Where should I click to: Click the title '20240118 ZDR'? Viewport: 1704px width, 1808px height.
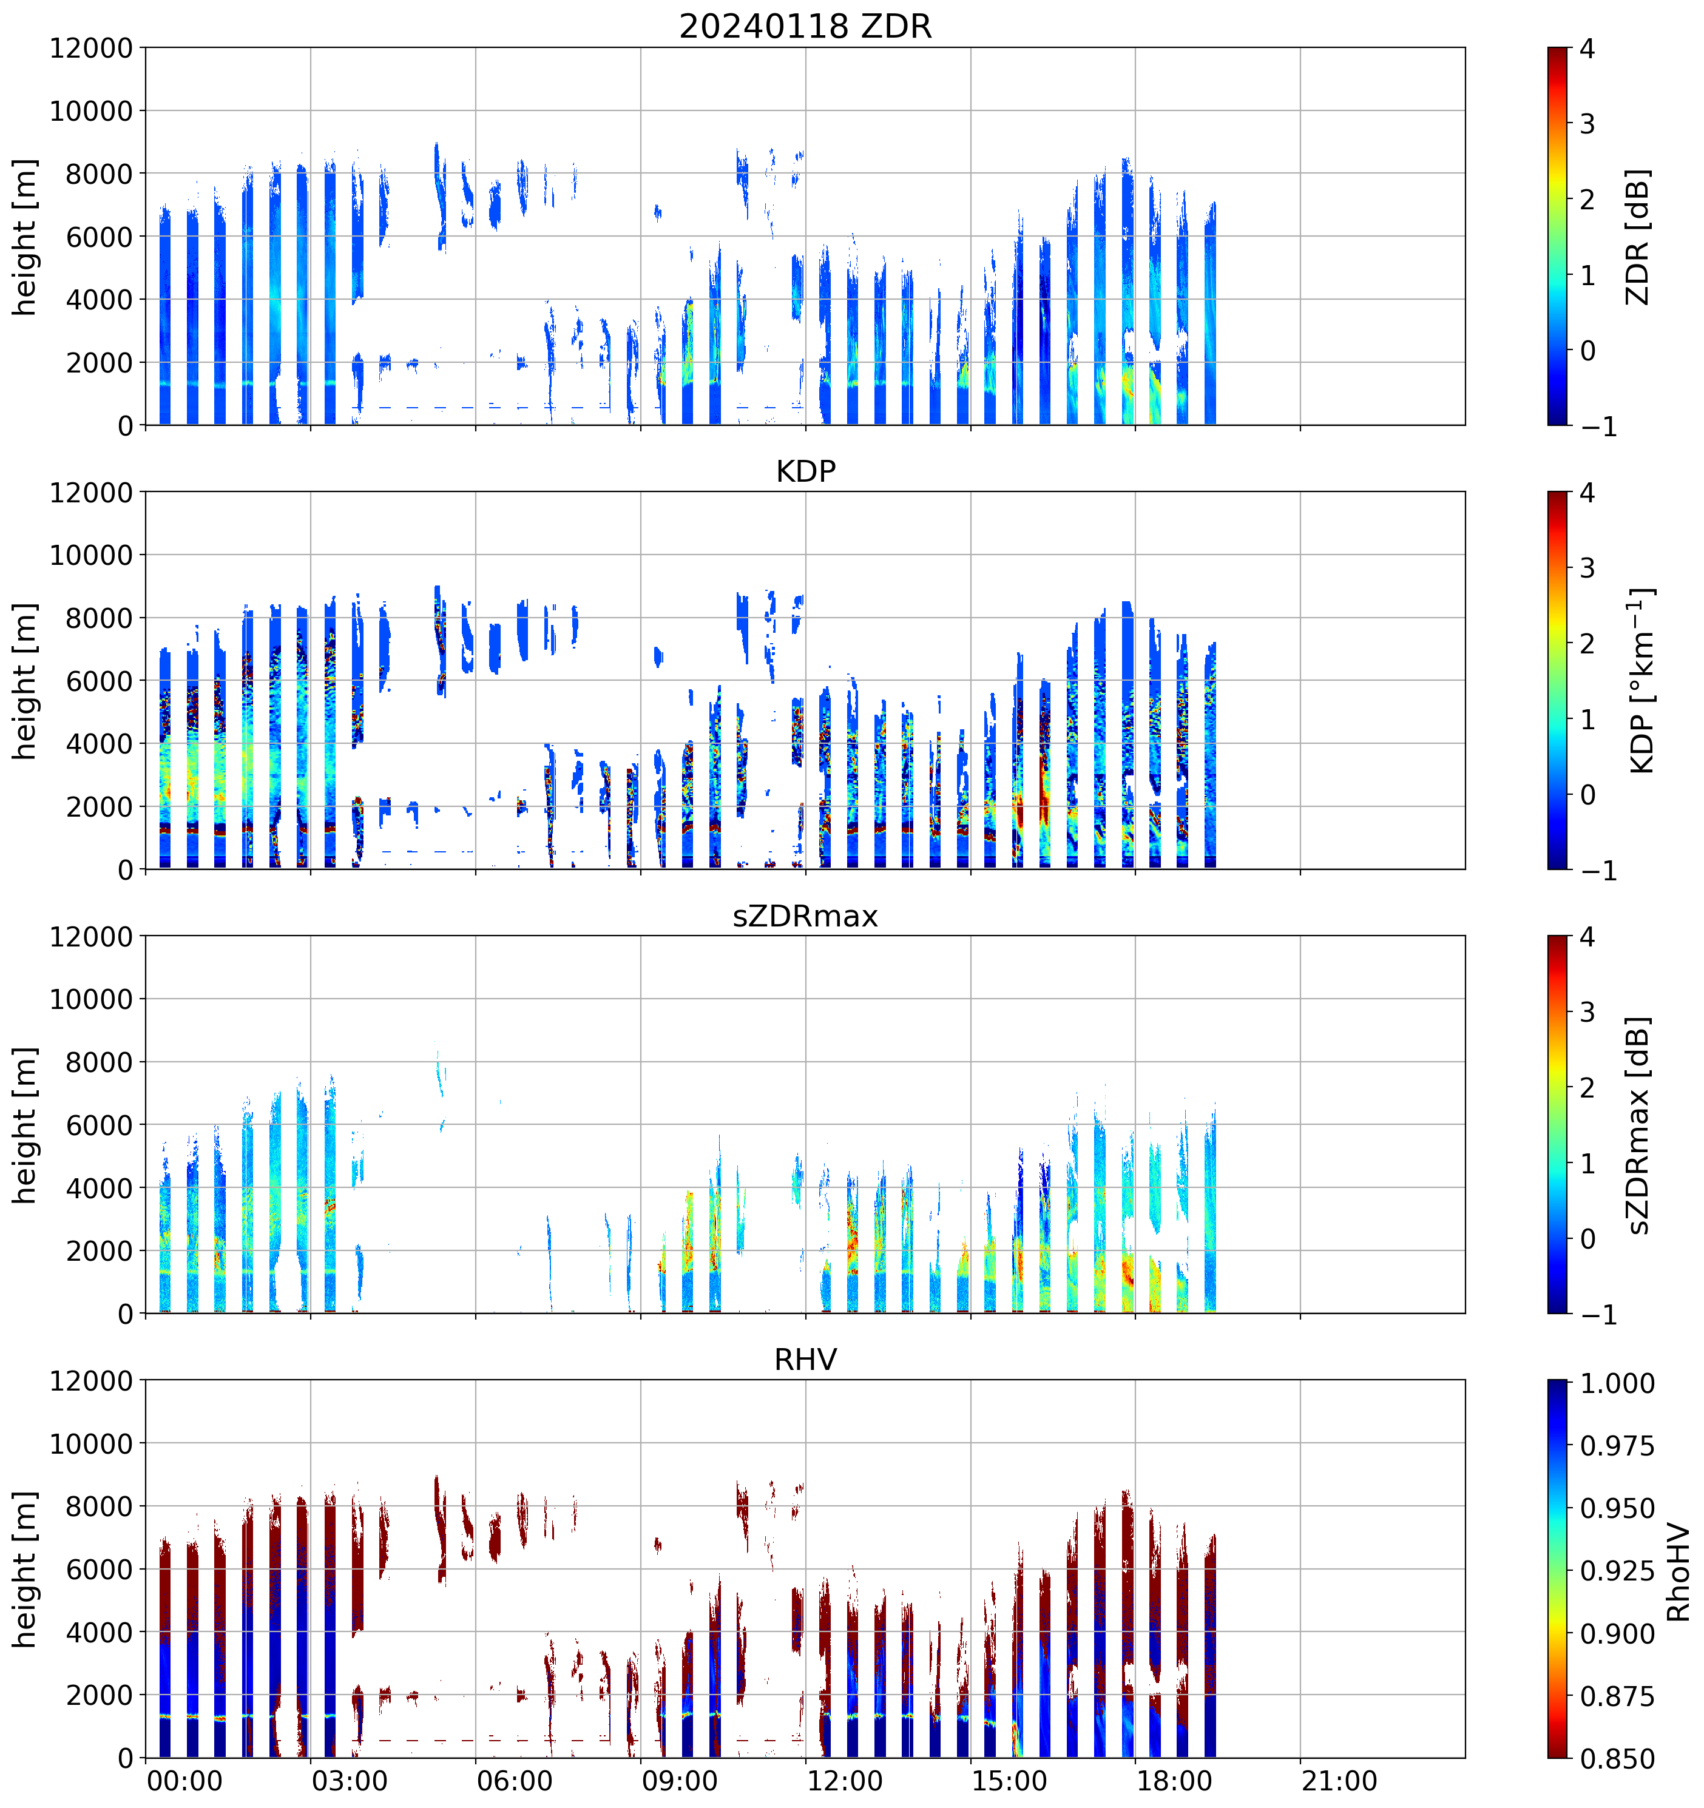pos(805,26)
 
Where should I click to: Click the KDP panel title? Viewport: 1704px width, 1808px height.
pos(805,471)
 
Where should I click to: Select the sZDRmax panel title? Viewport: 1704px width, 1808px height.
pos(805,915)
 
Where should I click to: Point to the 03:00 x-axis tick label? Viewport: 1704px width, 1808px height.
pos(350,1781)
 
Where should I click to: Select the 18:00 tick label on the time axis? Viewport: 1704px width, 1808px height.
pos(1174,1781)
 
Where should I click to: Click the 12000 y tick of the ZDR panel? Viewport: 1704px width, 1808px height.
pos(91,48)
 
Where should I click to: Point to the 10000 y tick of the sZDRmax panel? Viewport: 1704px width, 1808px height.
pos(91,999)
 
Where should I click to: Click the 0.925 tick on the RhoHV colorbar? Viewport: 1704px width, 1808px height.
pos(1617,1571)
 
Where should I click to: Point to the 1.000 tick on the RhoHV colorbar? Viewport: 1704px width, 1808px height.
pos(1617,1383)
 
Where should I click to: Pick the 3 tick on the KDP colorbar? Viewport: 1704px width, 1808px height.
pos(1587,568)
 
